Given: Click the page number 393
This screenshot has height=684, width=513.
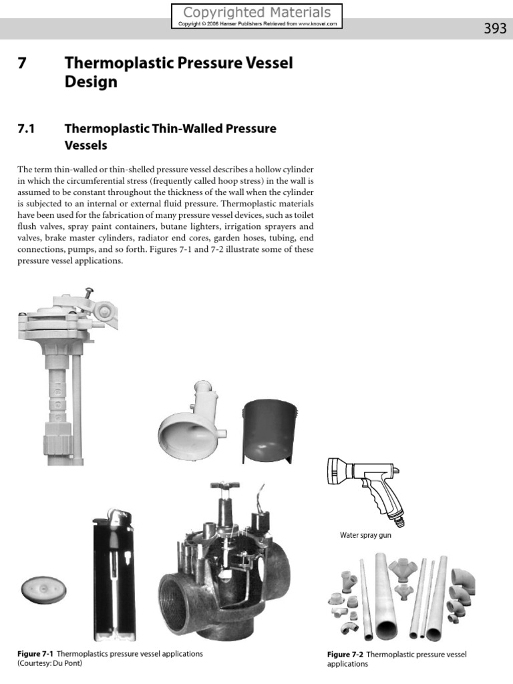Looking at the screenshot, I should [x=494, y=29].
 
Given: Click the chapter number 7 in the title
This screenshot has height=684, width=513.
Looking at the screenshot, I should [x=21, y=64].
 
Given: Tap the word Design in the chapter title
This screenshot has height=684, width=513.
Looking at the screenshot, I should [x=90, y=82].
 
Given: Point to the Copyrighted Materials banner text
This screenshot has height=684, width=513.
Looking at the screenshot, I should [x=256, y=13].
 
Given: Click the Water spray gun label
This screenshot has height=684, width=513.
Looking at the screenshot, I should [x=365, y=535].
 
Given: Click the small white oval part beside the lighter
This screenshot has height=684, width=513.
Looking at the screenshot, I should [x=41, y=589].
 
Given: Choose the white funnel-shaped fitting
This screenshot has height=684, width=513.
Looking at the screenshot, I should [x=190, y=421].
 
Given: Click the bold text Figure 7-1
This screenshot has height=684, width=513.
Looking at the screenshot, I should [x=35, y=653].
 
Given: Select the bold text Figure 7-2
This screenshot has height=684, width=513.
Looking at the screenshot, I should [x=345, y=655].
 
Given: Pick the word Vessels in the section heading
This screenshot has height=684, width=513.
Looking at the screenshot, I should [x=85, y=145].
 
